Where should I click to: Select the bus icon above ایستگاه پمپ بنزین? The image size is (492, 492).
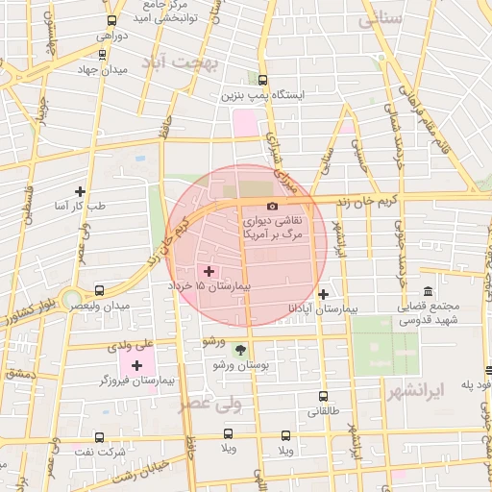[263, 81]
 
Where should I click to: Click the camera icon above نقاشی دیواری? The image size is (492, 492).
[273, 207]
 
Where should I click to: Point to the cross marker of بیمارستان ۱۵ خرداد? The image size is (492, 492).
[209, 272]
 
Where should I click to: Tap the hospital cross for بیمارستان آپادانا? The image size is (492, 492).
[324, 294]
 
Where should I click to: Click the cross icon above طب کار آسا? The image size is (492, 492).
[80, 191]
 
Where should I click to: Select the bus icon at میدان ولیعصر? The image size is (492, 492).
[100, 289]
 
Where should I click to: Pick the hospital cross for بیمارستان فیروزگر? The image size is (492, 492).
[136, 365]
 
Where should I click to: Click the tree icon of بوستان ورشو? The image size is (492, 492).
[240, 351]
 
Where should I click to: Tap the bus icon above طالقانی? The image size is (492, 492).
[323, 395]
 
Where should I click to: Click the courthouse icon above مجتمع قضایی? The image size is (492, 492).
[428, 292]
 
